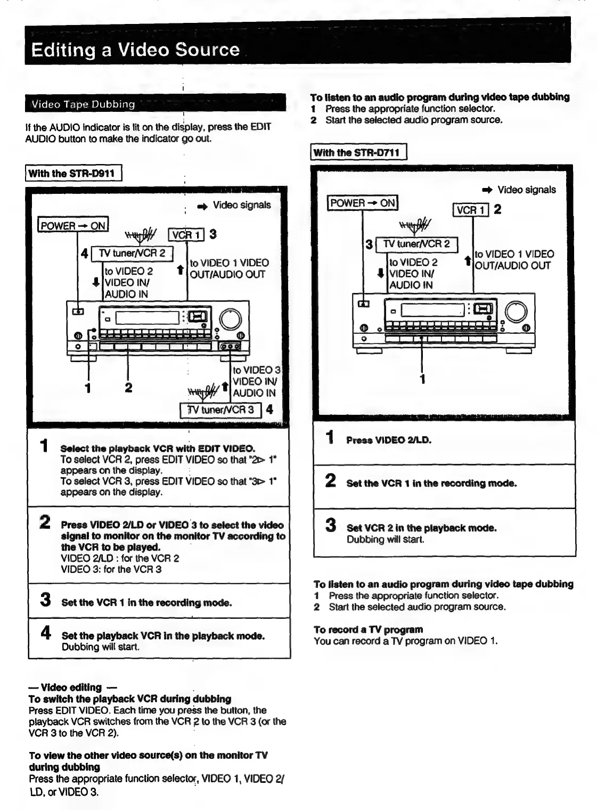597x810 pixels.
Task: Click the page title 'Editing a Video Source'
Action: [x=135, y=50]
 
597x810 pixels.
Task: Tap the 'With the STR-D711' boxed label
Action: [x=358, y=152]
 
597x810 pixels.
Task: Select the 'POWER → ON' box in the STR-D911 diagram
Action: [x=73, y=225]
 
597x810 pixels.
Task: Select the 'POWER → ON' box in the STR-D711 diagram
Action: [x=363, y=203]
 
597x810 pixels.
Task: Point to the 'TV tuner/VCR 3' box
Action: [x=221, y=410]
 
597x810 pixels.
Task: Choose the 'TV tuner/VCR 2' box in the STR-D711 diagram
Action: [x=416, y=244]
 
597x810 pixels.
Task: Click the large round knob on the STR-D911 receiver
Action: [x=230, y=318]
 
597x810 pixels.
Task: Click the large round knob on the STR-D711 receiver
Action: [x=516, y=311]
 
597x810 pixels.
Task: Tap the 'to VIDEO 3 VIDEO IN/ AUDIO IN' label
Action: [x=256, y=381]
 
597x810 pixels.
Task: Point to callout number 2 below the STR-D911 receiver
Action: [x=128, y=387]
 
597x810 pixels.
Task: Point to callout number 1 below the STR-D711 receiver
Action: [x=422, y=379]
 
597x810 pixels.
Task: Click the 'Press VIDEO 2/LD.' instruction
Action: [x=389, y=440]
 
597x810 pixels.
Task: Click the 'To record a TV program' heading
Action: [x=368, y=629]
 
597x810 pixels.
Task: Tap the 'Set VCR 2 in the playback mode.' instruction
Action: [x=421, y=528]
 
